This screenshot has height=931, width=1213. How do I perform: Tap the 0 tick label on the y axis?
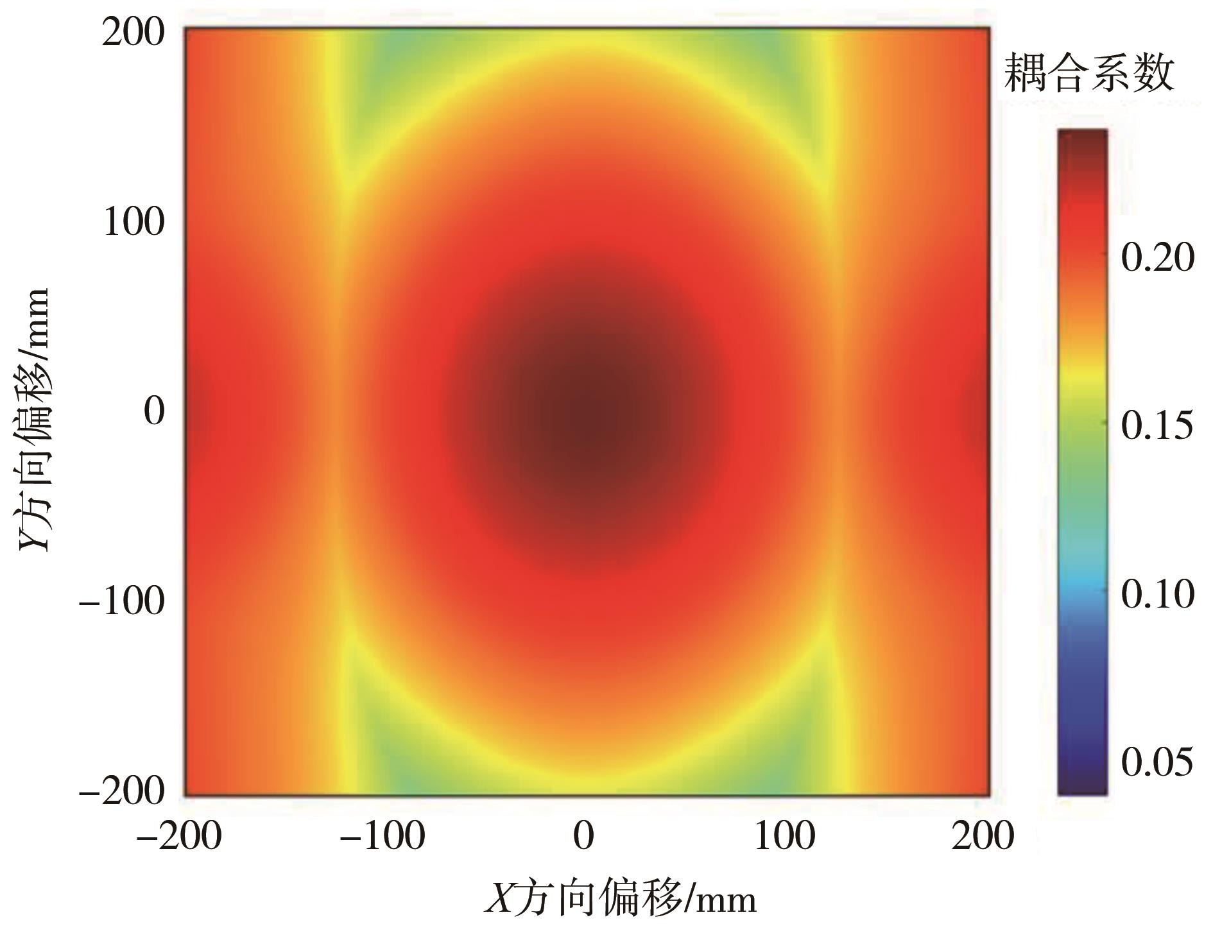[x=154, y=411]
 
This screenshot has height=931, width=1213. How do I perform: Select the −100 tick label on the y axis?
[x=122, y=601]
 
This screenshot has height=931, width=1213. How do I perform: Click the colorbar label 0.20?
[x=1158, y=257]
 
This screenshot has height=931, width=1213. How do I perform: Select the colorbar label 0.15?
[x=1158, y=425]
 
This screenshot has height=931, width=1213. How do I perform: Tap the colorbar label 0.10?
[x=1158, y=594]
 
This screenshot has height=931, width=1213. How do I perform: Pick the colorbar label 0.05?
[x=1158, y=762]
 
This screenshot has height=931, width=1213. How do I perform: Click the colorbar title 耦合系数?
[x=1089, y=72]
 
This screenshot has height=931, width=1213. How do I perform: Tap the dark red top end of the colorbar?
[x=1082, y=138]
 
